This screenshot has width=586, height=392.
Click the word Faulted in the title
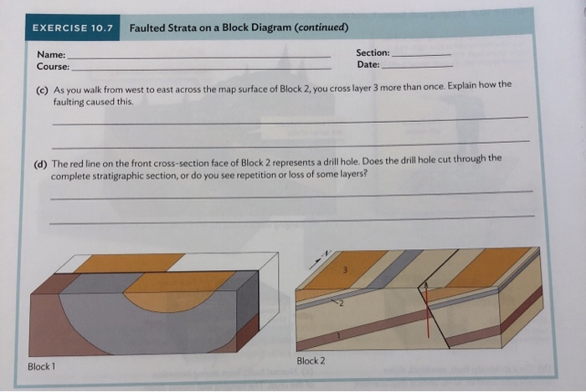point(152,28)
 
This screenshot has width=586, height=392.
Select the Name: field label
point(51,53)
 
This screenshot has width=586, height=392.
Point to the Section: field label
point(373,53)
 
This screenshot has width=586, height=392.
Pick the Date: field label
point(368,64)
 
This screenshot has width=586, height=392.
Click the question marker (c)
point(42,88)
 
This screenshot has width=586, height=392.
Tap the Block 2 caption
point(311,360)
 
